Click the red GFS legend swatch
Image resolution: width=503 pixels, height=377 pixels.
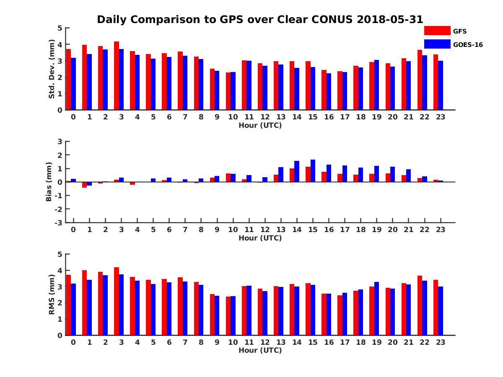point(437,31)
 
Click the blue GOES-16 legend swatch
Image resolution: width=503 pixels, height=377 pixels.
point(437,44)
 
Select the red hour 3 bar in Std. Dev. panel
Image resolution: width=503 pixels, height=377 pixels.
point(117,76)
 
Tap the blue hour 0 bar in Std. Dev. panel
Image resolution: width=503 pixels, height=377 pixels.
point(73,84)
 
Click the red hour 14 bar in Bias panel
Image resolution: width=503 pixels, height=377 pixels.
point(292,175)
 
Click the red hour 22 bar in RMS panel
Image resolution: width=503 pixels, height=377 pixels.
point(420,305)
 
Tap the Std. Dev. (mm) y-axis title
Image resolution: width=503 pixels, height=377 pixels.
point(52,69)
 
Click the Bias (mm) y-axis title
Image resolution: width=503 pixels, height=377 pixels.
point(49,182)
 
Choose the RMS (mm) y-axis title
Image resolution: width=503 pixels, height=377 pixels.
point(52,294)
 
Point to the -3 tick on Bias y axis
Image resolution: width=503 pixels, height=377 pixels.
point(59,222)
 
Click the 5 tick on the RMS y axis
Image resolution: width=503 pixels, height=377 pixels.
point(60,254)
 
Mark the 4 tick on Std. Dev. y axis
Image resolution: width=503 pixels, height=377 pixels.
point(60,44)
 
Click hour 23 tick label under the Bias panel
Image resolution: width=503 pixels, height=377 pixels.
point(441,230)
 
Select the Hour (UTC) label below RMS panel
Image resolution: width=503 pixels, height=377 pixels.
point(260,350)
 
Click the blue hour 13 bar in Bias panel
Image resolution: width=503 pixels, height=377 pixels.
point(281,175)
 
